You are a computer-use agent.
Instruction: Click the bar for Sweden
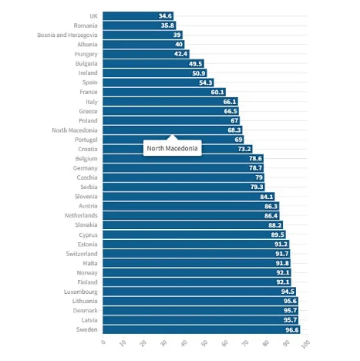(x=201, y=329)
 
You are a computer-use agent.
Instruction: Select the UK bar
(x=138, y=16)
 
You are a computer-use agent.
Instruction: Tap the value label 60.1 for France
(x=217, y=92)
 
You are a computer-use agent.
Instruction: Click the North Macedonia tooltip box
(x=173, y=148)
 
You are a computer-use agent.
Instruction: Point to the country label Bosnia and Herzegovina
(x=67, y=35)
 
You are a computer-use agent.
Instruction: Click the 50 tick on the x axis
(x=204, y=343)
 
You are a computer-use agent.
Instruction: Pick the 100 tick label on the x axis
(x=305, y=344)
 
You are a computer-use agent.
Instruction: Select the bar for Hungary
(x=146, y=54)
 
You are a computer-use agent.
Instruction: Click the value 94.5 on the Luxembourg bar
(x=288, y=292)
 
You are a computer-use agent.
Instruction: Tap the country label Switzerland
(x=82, y=254)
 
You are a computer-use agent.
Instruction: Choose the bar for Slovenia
(x=189, y=197)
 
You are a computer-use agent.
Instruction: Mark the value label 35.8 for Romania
(x=167, y=25)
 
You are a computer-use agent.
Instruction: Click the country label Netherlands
(x=81, y=215)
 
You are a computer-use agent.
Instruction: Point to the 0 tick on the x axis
(x=103, y=342)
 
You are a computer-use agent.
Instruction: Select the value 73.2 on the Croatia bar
(x=244, y=149)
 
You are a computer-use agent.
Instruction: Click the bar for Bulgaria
(x=153, y=63)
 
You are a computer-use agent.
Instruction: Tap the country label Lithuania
(x=85, y=301)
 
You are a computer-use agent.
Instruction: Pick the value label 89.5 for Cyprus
(x=278, y=234)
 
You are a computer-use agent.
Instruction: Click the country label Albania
(x=87, y=45)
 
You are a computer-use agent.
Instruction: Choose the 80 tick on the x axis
(x=266, y=343)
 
